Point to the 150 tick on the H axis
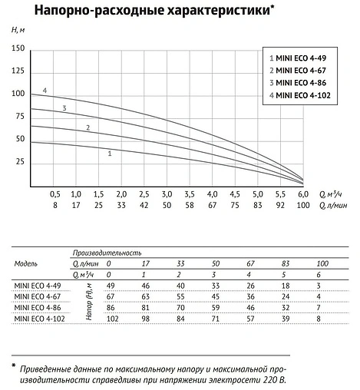[x=18, y=48]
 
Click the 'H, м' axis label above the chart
[x=19, y=29]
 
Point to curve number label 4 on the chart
[x=45, y=91]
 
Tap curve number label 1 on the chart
[x=111, y=154]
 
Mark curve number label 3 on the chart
[x=64, y=108]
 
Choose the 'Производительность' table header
[x=107, y=252]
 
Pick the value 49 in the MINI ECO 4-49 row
[x=111, y=285]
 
